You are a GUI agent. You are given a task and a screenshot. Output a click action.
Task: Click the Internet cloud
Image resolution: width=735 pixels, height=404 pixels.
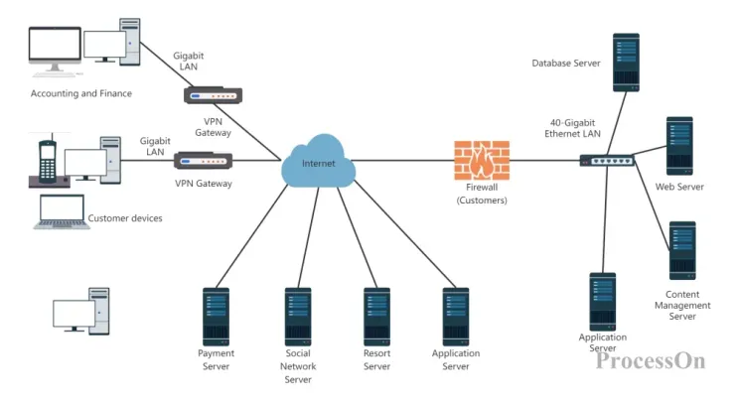[x=318, y=164]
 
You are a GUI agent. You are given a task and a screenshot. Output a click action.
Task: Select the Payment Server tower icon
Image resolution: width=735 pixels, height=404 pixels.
[x=216, y=316]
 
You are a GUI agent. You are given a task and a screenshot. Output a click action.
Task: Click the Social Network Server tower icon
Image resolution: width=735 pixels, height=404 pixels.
[x=298, y=316]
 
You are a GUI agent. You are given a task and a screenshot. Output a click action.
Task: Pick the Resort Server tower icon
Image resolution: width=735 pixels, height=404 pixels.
[x=376, y=316]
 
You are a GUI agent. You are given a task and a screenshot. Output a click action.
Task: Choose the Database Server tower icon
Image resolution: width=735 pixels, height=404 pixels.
[x=626, y=63]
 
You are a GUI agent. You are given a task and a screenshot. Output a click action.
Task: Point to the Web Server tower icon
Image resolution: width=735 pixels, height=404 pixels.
[x=679, y=146]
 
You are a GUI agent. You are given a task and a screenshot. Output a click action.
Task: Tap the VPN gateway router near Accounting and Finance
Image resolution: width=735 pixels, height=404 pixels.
[x=213, y=96]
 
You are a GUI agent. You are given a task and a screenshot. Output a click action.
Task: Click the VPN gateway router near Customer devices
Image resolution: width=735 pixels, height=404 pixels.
[x=203, y=161]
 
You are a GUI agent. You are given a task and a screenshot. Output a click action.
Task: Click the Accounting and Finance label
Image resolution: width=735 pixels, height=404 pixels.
[x=81, y=94]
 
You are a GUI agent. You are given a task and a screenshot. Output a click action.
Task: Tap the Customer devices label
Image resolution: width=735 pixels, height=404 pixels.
[x=125, y=218]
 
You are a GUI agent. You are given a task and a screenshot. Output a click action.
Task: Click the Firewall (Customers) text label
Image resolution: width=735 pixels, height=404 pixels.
[x=482, y=194]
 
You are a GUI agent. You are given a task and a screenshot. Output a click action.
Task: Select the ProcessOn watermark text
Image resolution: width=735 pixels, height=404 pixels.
[x=651, y=360]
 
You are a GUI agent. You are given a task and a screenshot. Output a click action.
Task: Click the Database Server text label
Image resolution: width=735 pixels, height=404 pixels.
[x=566, y=64]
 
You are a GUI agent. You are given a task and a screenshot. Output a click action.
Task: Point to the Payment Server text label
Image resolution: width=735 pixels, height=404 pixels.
[x=216, y=359]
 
